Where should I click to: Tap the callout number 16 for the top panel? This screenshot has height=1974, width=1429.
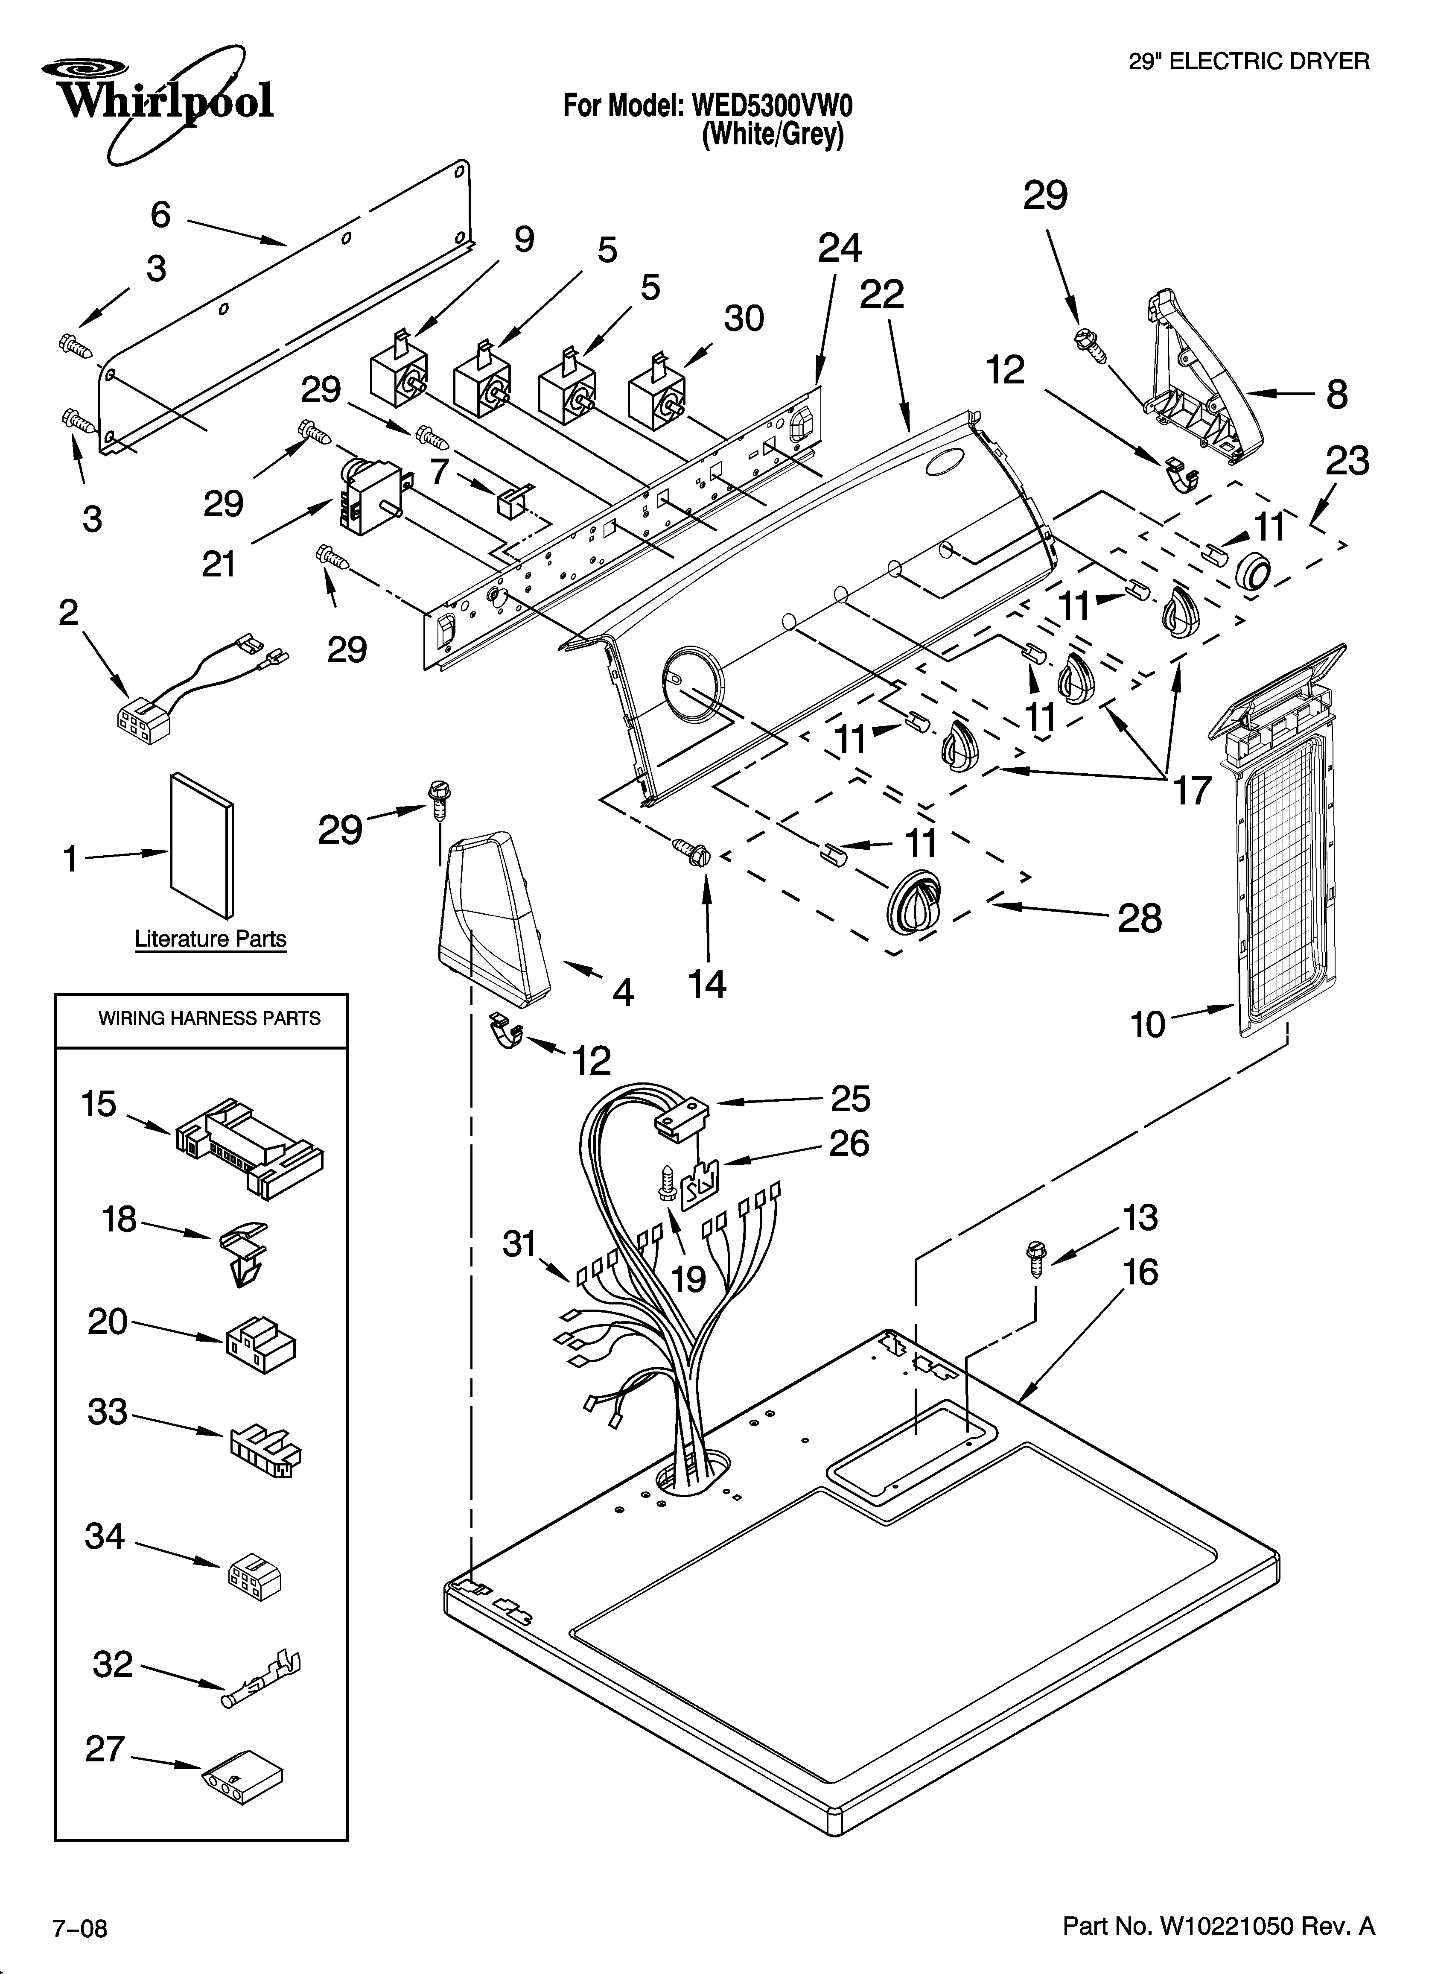(1140, 1272)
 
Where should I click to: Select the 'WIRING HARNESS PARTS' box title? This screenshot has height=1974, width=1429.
(209, 1018)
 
